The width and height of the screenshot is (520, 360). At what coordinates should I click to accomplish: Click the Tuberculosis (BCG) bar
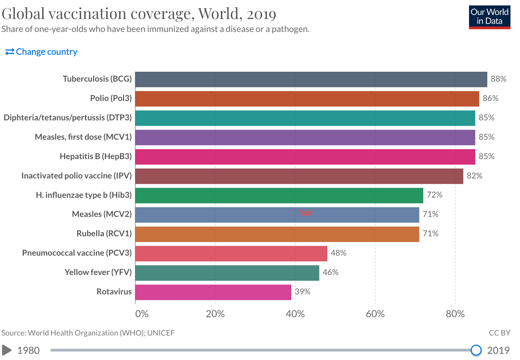click(x=311, y=79)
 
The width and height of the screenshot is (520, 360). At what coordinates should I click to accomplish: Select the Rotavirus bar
click(x=213, y=292)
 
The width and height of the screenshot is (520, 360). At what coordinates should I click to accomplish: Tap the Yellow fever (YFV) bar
click(x=227, y=273)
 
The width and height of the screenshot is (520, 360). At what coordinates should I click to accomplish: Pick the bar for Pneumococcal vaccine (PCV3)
click(x=231, y=254)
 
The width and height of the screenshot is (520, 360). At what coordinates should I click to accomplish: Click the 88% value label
click(x=499, y=79)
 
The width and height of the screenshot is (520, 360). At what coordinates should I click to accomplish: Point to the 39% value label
click(x=302, y=292)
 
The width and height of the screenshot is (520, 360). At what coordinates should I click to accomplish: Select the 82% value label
click(x=474, y=176)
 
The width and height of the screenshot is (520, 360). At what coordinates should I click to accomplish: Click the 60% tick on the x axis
click(x=375, y=314)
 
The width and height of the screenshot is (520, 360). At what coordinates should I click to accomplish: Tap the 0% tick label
click(x=142, y=314)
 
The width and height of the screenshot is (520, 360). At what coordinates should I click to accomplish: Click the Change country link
click(x=41, y=52)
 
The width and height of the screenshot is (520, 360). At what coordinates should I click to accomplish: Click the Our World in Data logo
click(x=489, y=17)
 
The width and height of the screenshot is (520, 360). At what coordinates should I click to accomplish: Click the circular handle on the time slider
click(x=476, y=350)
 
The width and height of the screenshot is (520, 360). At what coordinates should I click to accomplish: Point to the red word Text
click(x=305, y=213)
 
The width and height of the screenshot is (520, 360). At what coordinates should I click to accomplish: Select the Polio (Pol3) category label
click(x=111, y=98)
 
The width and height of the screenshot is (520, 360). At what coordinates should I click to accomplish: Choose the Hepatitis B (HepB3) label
click(x=96, y=156)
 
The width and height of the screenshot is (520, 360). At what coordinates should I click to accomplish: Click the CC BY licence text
click(x=499, y=333)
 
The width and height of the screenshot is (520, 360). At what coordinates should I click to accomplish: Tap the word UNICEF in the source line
click(x=161, y=333)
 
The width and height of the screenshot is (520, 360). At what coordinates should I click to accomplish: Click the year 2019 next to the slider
click(x=498, y=350)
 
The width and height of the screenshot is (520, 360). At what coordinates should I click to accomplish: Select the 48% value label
click(x=339, y=253)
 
